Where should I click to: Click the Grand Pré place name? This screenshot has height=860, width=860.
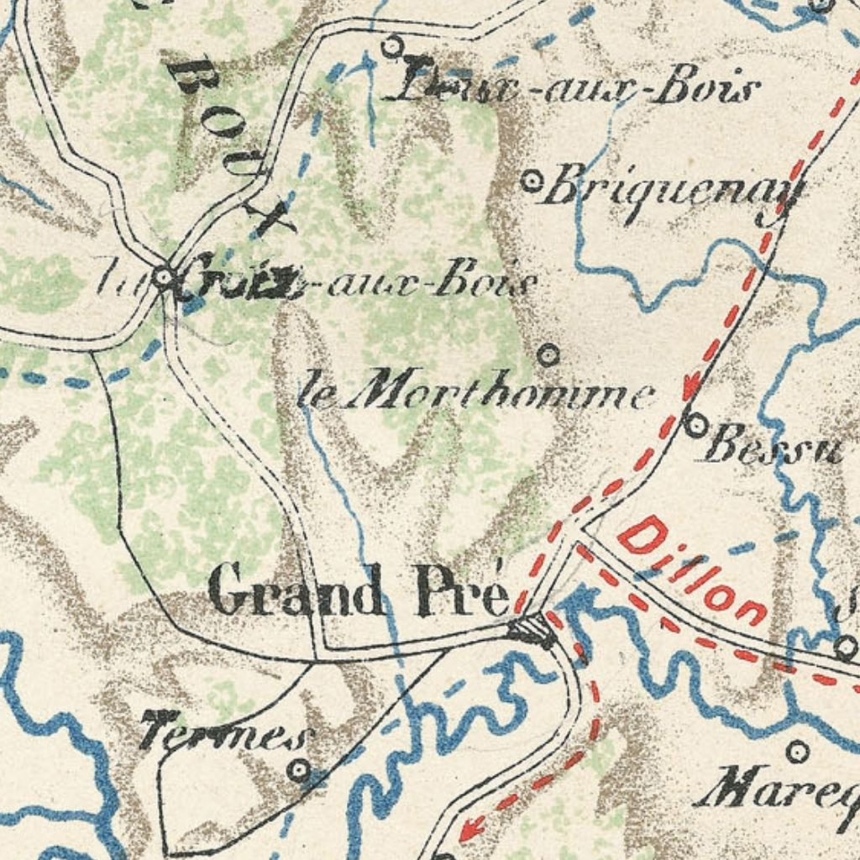(359, 590)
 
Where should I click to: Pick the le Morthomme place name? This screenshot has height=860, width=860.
(476, 393)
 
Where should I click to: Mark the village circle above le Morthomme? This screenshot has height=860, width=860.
(548, 355)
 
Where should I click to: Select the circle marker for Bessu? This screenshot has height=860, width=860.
(695, 425)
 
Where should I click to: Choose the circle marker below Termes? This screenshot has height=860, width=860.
(299, 769)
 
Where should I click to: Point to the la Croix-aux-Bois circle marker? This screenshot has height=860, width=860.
(165, 276)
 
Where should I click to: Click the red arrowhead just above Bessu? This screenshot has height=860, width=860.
(691, 388)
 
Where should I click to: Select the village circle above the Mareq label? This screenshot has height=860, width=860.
(797, 750)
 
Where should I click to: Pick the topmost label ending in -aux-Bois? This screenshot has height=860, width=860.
(579, 87)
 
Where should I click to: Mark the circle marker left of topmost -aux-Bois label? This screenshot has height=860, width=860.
(391, 46)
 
